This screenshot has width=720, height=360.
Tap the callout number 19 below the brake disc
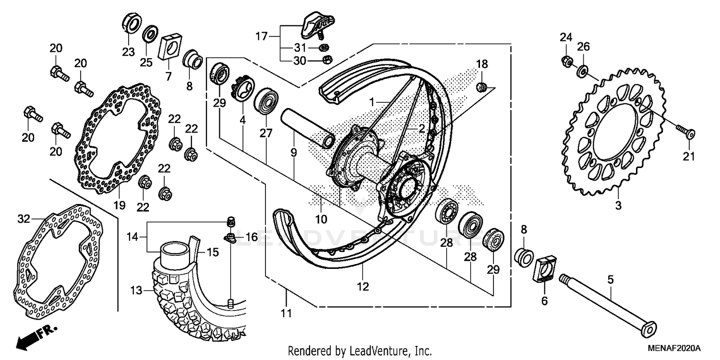tap(120, 205)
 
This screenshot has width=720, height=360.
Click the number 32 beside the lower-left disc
tap(24, 219)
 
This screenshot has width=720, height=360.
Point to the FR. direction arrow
tap(36, 336)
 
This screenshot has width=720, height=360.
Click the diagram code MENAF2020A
tap(676, 348)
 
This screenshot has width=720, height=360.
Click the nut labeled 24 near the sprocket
tap(566, 61)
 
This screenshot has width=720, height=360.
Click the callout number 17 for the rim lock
tap(261, 36)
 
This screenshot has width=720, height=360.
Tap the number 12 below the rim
tap(363, 287)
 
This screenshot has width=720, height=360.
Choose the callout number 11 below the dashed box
tap(286, 313)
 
